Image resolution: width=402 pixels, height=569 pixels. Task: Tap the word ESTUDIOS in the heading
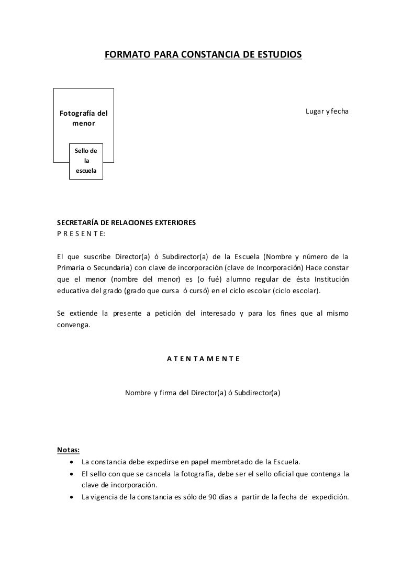coord(278,54)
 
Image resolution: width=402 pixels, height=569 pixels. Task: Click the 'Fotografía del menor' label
coord(84,119)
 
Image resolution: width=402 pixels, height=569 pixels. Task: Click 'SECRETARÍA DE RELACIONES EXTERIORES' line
coord(126,223)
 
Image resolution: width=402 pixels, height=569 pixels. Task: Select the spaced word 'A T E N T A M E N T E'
coord(203,359)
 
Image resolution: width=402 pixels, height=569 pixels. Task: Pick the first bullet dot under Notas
coord(71,462)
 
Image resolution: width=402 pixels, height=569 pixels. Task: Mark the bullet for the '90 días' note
coord(71,497)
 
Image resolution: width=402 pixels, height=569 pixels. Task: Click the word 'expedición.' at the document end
coord(330,497)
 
